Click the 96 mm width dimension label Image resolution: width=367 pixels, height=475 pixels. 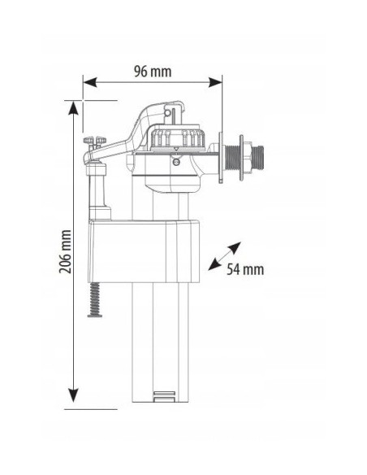point(153,71)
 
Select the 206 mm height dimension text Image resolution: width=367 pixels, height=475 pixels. point(66,251)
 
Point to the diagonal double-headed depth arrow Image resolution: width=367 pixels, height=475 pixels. point(224,255)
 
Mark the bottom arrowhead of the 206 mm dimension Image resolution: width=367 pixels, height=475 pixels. point(74,397)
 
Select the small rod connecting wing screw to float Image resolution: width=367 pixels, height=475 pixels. point(97,187)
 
